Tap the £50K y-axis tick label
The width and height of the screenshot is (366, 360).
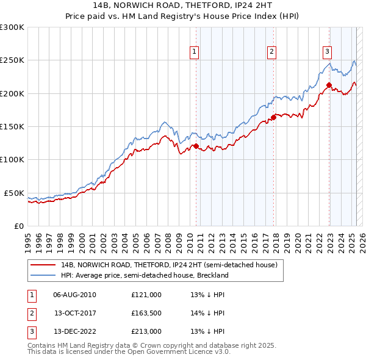click(14, 193)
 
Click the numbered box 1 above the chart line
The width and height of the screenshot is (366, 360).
click(194, 52)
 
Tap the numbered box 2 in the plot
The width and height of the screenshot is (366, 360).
click(271, 52)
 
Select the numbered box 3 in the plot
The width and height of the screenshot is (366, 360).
click(327, 52)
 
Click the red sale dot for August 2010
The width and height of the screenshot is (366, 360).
click(196, 146)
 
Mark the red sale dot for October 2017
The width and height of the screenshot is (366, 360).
click(273, 118)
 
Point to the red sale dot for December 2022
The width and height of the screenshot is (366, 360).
click(329, 85)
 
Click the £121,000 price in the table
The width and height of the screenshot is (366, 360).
click(146, 295)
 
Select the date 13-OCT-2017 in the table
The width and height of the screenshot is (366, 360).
click(74, 313)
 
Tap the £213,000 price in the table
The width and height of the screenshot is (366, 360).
click(146, 331)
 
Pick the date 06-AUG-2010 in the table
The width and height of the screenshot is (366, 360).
click(74, 295)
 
